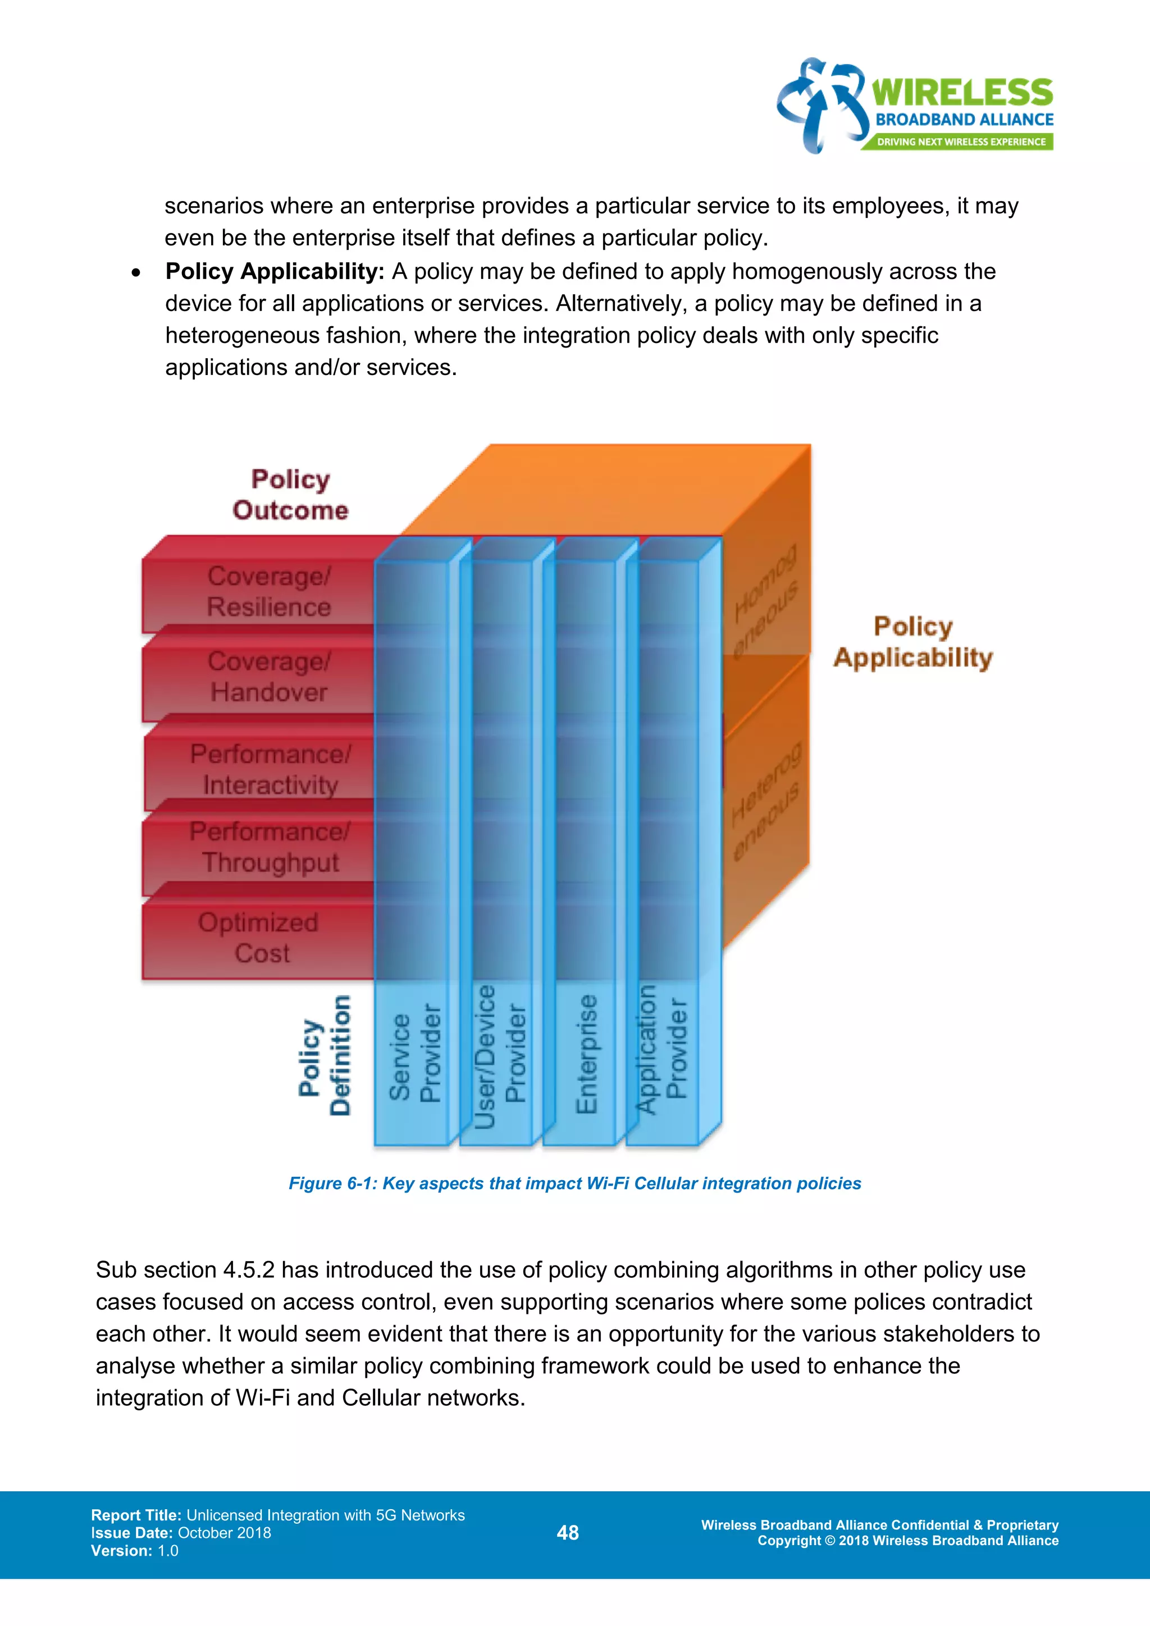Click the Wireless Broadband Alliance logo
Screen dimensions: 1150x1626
coord(915,106)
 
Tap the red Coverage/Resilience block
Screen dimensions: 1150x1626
coord(268,592)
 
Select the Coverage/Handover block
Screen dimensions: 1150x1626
coord(268,677)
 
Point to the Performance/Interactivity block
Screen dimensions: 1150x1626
coord(270,770)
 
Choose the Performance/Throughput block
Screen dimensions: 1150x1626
coord(270,847)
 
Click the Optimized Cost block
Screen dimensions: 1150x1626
coord(258,938)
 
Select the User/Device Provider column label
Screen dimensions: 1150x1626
coord(500,1055)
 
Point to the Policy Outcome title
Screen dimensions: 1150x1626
coord(290,495)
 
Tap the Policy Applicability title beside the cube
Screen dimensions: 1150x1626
coord(913,642)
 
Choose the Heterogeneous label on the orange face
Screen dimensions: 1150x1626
coord(766,800)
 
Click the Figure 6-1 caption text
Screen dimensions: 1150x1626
coord(574,1184)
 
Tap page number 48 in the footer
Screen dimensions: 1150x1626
coord(568,1533)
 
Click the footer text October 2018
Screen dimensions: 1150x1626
coord(225,1533)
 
